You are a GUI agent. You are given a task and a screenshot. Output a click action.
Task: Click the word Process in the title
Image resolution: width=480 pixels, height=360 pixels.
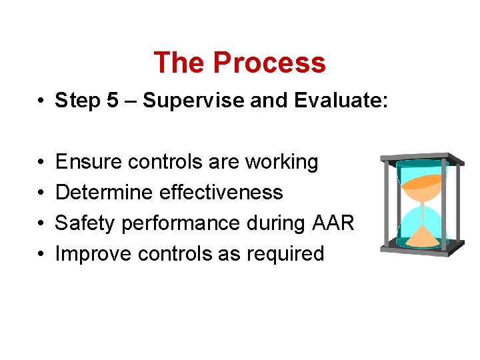tap(269, 63)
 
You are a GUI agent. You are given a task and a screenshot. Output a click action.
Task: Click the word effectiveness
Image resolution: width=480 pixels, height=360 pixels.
tap(222, 193)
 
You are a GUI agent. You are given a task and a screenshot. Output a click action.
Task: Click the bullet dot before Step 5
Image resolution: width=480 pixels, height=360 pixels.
tap(41, 101)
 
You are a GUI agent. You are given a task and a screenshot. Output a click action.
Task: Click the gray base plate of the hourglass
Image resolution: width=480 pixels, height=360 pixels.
tap(421, 249)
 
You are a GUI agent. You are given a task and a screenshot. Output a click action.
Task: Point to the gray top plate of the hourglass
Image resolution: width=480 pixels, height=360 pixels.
tap(421, 159)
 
